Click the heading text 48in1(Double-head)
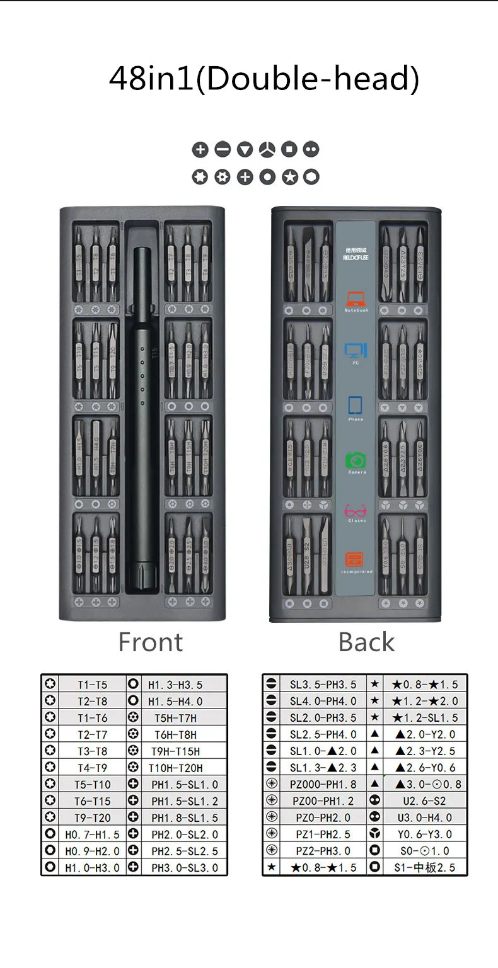pyautogui.click(x=264, y=79)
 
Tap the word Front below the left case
pyautogui.click(x=151, y=642)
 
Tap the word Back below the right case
pyautogui.click(x=366, y=642)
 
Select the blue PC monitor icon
pyautogui.click(x=356, y=350)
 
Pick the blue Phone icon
pyautogui.click(x=356, y=404)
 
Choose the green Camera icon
pyautogui.click(x=356, y=459)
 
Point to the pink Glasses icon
pyautogui.click(x=356, y=510)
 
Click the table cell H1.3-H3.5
pyautogui.click(x=175, y=685)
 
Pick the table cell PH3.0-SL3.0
pyautogui.click(x=185, y=867)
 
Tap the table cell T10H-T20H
pyautogui.click(x=176, y=768)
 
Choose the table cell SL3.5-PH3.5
pyautogui.click(x=323, y=685)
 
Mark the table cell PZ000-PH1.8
pyautogui.click(x=323, y=784)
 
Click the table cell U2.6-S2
pyautogui.click(x=425, y=801)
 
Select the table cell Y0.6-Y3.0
pyautogui.click(x=425, y=834)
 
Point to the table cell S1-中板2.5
pyautogui.click(x=425, y=867)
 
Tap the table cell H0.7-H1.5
pyautogui.click(x=93, y=834)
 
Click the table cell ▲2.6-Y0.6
pyautogui.click(x=425, y=768)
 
